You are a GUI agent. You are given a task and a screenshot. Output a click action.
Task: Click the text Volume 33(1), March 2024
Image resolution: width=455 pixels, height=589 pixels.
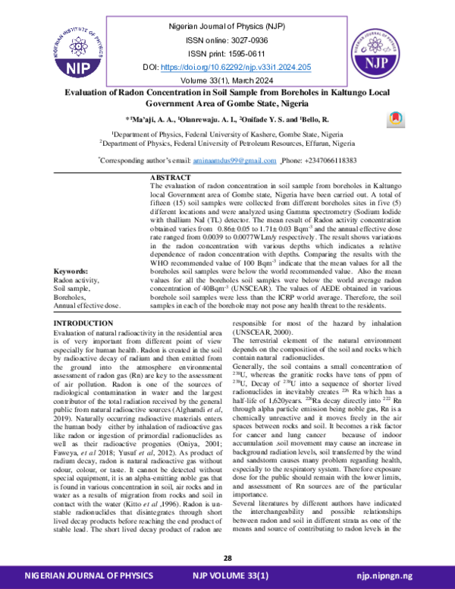(227, 81)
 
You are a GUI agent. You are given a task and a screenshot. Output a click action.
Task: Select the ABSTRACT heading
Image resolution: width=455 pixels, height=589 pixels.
(172, 178)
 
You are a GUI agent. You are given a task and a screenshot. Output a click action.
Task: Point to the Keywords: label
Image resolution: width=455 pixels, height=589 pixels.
(71, 250)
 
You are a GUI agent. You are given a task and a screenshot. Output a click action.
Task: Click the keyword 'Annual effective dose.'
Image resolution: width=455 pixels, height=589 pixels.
(87, 284)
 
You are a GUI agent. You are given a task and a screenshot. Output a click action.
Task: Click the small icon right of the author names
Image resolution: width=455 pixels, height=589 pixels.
(393, 118)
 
